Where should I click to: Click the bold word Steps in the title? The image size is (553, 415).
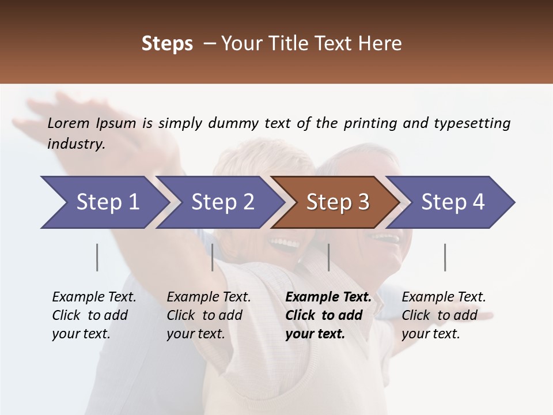pos(167,44)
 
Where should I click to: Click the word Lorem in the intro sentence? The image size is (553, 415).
pos(68,123)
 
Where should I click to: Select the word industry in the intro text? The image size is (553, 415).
pos(76,144)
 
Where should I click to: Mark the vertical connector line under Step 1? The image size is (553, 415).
pos(97,257)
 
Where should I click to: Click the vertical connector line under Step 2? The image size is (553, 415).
pos(213,257)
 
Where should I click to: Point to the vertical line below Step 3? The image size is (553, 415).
pos(328,257)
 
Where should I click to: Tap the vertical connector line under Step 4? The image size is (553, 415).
pos(445,257)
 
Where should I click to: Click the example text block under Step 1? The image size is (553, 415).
pos(94,315)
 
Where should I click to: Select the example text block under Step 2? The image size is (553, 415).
pos(209,315)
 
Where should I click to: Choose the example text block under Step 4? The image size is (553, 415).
pos(444,315)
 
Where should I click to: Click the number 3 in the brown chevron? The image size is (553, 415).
pos(363,202)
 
